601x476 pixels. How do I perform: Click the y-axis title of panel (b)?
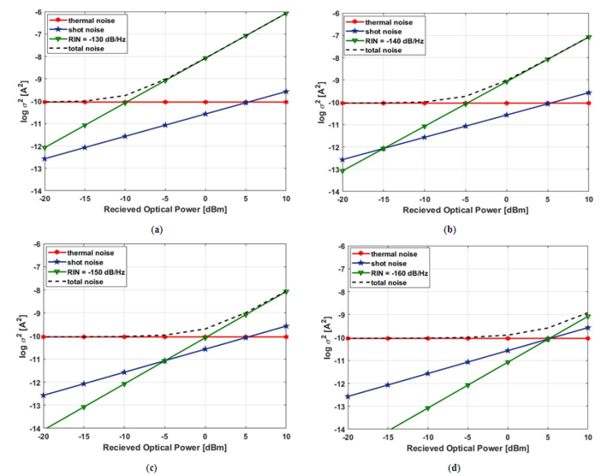pos(323,102)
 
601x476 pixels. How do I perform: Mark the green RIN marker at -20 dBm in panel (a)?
pos(46,148)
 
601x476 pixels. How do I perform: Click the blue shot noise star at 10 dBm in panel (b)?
pos(587,93)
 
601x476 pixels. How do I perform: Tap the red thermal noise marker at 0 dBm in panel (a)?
pos(205,102)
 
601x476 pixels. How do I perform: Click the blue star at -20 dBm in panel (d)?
pos(348,396)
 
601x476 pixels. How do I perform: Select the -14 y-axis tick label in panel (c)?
pos(36,428)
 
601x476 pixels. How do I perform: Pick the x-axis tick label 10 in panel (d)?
pos(587,439)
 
